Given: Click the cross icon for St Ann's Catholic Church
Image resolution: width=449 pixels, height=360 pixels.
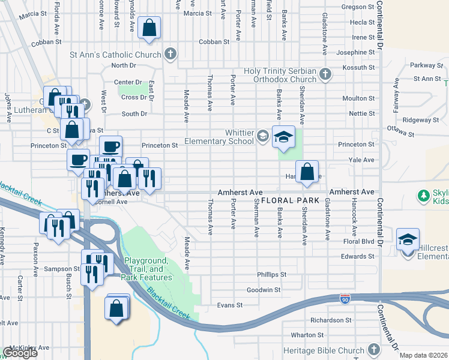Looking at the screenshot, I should click(x=170, y=55).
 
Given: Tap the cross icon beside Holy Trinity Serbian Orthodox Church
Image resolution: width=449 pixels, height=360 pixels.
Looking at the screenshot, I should click(x=325, y=74).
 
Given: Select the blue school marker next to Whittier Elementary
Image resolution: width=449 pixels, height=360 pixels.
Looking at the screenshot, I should click(x=284, y=137).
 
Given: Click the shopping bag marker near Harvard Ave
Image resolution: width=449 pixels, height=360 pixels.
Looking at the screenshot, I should click(x=307, y=172).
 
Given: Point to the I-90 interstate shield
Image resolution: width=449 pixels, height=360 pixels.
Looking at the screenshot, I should click(x=345, y=298).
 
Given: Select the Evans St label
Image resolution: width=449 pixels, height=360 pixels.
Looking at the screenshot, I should click(x=230, y=305).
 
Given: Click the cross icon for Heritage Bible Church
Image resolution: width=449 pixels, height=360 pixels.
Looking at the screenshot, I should click(x=373, y=350).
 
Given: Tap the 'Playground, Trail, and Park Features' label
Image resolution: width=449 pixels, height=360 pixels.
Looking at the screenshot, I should click(x=146, y=269).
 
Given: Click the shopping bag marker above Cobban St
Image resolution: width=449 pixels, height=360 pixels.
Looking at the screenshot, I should click(x=149, y=28).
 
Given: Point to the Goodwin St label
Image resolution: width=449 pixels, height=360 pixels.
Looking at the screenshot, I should click(x=264, y=290).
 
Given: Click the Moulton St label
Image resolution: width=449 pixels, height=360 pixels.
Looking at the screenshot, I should click(x=358, y=98).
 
